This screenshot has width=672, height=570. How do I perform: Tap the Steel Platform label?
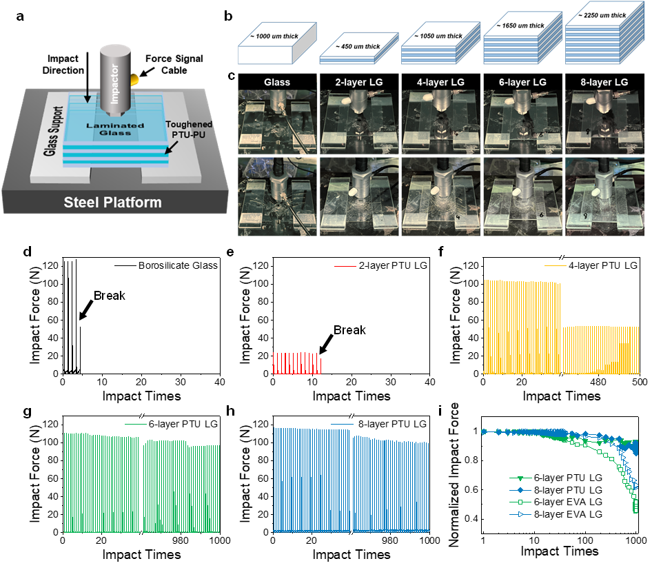(x=112, y=203)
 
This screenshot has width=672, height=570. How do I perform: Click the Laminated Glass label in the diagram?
(x=114, y=130)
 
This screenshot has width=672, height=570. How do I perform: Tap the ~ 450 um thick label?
(x=358, y=47)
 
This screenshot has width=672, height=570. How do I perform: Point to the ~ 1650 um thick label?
(x=520, y=26)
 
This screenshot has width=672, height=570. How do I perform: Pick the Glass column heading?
(x=277, y=82)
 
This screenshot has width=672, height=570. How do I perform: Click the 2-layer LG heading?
(x=359, y=82)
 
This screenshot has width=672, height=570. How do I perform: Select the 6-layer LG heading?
(x=523, y=82)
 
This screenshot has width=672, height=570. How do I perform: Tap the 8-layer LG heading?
(x=604, y=82)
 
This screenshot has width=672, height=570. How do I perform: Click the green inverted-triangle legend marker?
(x=521, y=478)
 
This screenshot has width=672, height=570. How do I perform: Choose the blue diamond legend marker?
(x=521, y=490)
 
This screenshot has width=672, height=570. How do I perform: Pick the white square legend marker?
(x=521, y=502)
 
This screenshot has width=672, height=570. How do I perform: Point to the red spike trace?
(x=298, y=363)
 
